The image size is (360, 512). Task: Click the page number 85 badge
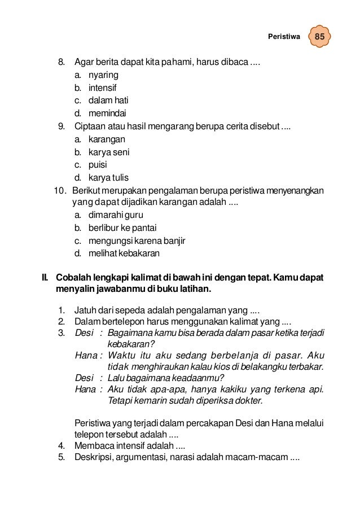tap(319, 37)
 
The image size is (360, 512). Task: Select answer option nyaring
tap(103, 75)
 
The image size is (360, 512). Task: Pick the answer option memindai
tap(107, 113)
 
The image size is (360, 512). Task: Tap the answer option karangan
tap(107, 139)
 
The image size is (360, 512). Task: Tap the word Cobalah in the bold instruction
tap(72, 278)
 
